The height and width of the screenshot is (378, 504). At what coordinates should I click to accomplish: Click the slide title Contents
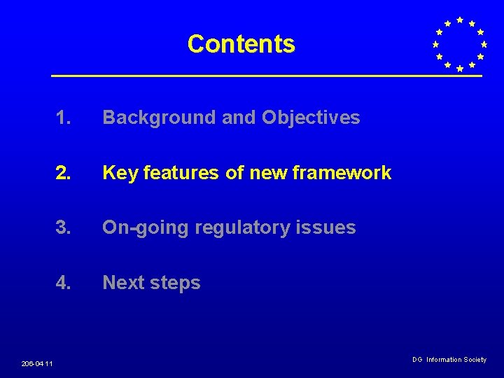[241, 44]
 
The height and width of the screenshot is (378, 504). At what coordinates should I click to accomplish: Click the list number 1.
[64, 118]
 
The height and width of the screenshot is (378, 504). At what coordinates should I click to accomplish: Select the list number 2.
[64, 173]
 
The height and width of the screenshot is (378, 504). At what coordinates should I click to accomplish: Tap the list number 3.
[64, 227]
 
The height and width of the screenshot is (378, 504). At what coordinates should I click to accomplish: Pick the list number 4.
[64, 283]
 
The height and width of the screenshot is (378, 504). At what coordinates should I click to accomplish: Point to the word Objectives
[311, 118]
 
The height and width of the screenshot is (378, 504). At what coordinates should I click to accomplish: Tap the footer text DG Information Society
[449, 360]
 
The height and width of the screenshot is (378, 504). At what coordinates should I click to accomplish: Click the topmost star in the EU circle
[459, 20]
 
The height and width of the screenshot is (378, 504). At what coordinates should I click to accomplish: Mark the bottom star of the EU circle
[459, 69]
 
